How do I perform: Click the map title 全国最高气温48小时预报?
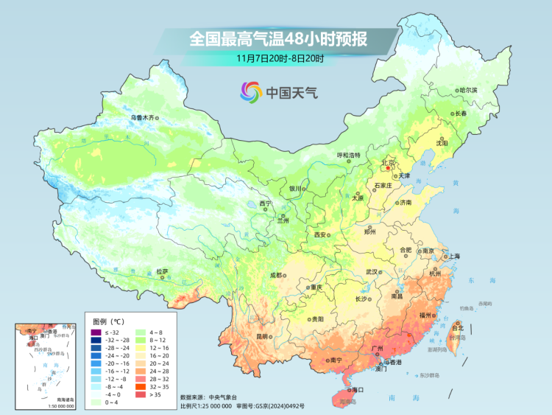[279, 38]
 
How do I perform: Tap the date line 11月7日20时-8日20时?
[279, 57]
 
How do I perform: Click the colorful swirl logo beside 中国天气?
[250, 92]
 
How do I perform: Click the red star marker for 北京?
[388, 168]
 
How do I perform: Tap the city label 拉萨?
[163, 271]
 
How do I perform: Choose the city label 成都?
[275, 275]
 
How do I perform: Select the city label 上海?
[452, 257]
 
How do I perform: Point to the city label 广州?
[381, 348]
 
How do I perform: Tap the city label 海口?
[358, 388]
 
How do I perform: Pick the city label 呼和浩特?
[349, 155]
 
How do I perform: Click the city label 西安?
[319, 234]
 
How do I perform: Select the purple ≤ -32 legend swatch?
[96, 333]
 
